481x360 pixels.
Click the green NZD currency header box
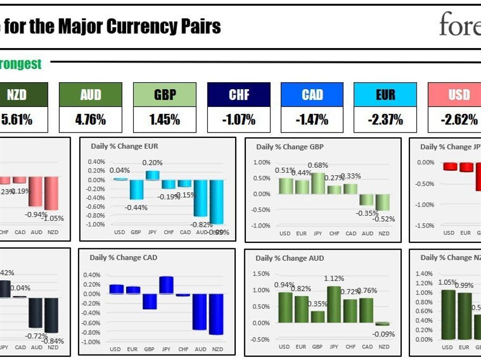click(x=17, y=95)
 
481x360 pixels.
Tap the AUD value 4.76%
click(x=90, y=120)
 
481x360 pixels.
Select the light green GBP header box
click(x=165, y=95)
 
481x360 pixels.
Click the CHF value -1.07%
click(x=238, y=120)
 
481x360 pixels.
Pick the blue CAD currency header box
click(x=312, y=95)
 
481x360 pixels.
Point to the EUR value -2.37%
click(x=385, y=120)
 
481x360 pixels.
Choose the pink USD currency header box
click(x=459, y=95)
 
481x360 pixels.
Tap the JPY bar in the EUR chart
click(x=152, y=175)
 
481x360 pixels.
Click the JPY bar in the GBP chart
click(x=319, y=183)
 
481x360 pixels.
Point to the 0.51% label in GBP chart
click(x=284, y=171)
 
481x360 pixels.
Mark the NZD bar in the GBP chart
click(x=384, y=202)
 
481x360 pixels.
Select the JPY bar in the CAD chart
click(x=166, y=285)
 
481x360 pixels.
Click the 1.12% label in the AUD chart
click(x=333, y=278)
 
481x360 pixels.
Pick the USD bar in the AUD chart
click(x=285, y=308)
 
